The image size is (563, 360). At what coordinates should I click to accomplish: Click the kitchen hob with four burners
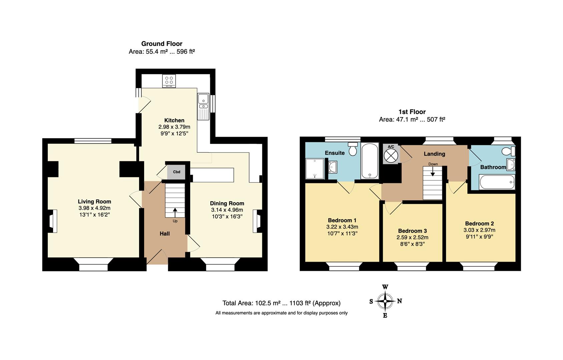(x=169, y=81)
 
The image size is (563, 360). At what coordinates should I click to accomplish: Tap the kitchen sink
(x=203, y=107)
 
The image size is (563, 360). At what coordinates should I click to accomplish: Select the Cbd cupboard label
(x=176, y=172)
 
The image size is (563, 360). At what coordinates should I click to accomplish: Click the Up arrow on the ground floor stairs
(x=175, y=213)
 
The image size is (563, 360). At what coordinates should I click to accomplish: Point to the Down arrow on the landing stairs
(x=433, y=171)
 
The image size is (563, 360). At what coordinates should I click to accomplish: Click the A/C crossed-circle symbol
(x=391, y=156)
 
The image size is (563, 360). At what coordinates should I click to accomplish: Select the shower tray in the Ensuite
(x=315, y=169)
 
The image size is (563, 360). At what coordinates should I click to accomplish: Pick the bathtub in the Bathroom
(x=497, y=182)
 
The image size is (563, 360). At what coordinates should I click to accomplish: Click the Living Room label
(x=94, y=201)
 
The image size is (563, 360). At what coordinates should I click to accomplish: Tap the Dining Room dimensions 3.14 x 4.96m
(x=227, y=210)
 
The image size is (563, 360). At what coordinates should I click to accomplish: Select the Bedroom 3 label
(x=413, y=231)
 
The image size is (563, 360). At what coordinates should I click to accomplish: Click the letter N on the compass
(x=399, y=301)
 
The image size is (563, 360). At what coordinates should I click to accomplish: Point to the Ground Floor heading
(x=162, y=44)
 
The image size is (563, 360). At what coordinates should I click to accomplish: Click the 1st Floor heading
(x=412, y=112)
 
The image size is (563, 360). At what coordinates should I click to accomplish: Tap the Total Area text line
(x=281, y=303)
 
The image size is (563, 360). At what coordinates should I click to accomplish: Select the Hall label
(x=165, y=234)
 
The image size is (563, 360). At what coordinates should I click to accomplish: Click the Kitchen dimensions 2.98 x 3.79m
(x=174, y=127)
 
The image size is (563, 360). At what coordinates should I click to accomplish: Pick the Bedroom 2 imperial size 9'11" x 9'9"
(x=479, y=237)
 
